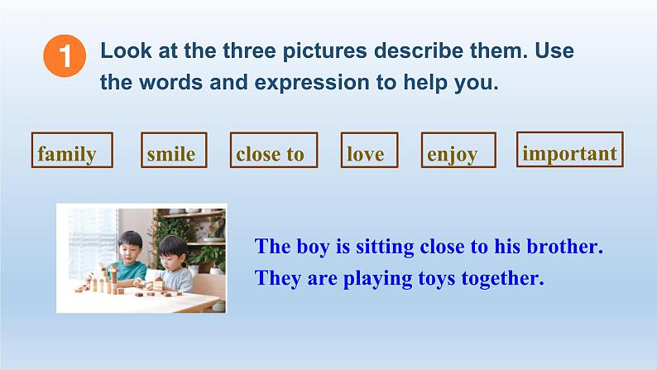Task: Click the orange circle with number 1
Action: coord(65,55)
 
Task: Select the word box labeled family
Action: coord(72,150)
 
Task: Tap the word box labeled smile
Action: coord(174,150)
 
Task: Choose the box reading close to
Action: coord(274,150)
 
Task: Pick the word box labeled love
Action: coord(370,150)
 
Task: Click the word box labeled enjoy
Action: coord(458,150)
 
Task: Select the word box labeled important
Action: coord(570,150)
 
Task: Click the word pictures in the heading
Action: coord(324,51)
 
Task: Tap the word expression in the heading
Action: coord(312,83)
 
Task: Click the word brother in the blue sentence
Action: coord(564,246)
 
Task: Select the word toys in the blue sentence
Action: coord(437,278)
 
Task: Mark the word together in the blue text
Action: coord(502,279)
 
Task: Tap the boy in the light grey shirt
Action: coord(172,265)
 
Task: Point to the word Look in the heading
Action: coord(126,50)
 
